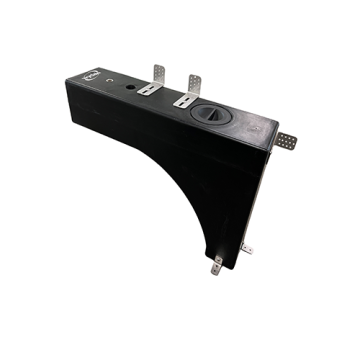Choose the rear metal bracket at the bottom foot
point(246,247)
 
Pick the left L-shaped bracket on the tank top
point(154,81)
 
